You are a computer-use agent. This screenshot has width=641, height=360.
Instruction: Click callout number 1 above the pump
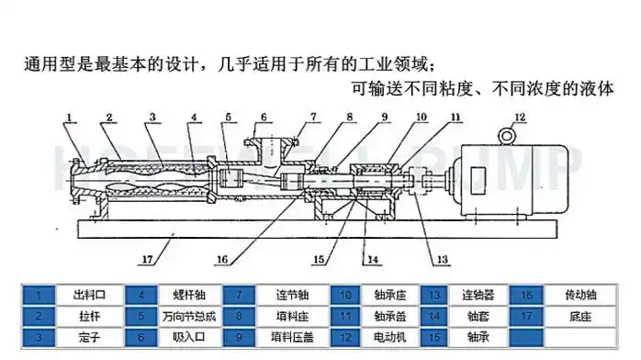[x=70, y=118]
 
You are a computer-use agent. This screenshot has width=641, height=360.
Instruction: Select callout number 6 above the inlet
[x=263, y=118]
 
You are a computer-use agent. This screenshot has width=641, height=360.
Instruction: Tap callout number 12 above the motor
[x=520, y=117]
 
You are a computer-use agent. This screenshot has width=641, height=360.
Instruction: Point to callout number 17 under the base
[x=147, y=260]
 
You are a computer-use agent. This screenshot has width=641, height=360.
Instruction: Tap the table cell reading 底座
[x=579, y=316]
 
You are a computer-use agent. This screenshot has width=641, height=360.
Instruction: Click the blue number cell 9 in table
[x=240, y=337]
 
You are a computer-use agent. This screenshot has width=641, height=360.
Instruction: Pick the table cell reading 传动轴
[x=579, y=295]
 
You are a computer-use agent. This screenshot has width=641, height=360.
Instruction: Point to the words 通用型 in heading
[x=44, y=66]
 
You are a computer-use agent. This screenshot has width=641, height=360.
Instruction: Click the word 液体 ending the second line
[x=595, y=90]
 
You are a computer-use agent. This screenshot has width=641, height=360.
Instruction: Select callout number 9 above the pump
[x=385, y=118]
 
